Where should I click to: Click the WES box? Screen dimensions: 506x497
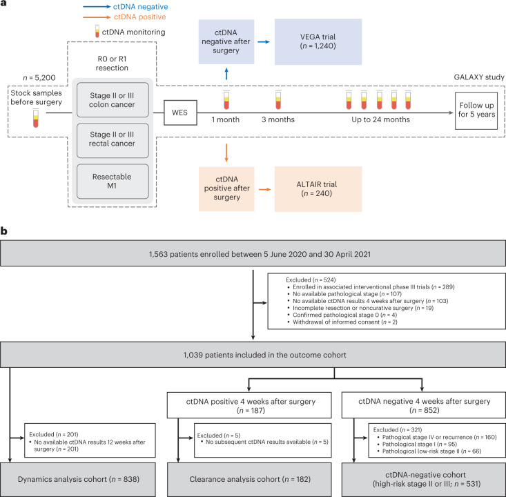tap(180, 113)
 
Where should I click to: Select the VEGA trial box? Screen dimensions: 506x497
tap(318, 41)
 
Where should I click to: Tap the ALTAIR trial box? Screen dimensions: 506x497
tap(318, 189)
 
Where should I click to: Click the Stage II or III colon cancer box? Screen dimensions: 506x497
tap(113, 99)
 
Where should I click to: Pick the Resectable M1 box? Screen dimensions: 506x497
tap(113, 181)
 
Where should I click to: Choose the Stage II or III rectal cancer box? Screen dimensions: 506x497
tap(113, 140)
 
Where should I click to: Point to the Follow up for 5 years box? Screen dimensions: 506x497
tap(476, 110)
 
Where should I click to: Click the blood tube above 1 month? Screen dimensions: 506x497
tap(226, 100)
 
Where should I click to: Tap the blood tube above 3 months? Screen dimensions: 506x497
tap(278, 100)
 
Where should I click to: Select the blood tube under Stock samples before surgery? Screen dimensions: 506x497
tap(35, 118)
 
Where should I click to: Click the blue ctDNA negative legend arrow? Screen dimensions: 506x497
tap(97, 6)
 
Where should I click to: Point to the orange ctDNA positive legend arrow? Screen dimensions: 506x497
tap(97, 17)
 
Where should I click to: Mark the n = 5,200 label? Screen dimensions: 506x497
tap(39, 78)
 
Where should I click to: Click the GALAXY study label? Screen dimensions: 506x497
tap(479, 77)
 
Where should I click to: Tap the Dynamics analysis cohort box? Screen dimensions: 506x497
tap(78, 480)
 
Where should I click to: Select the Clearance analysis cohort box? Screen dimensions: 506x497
tap(249, 480)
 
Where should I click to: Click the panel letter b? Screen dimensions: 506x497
tap(4, 231)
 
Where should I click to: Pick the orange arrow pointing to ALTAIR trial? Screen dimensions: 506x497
tap(264, 189)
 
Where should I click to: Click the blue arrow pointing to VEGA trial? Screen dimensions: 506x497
tap(264, 41)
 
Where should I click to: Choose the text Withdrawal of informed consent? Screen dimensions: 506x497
tap(336, 322)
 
